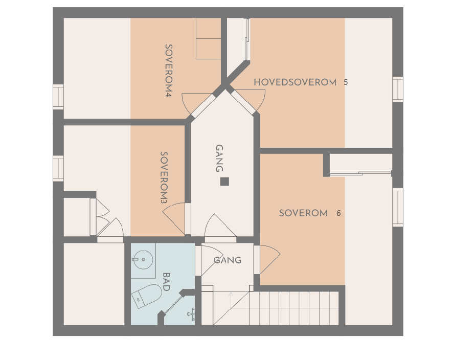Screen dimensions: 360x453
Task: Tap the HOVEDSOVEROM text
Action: tap(295, 82)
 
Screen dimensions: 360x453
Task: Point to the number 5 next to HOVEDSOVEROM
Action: tap(346, 82)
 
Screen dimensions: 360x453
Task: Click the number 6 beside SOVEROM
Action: tap(338, 213)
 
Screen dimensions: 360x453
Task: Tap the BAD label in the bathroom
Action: tap(166, 282)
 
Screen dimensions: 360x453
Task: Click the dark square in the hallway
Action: tap(224, 181)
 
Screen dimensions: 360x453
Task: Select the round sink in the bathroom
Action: tap(143, 260)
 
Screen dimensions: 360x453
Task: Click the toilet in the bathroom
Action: tap(146, 296)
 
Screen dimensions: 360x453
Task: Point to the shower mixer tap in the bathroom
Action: tap(191, 313)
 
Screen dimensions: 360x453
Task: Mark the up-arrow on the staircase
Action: tap(231, 295)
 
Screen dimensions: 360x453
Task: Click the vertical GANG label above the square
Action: tap(219, 158)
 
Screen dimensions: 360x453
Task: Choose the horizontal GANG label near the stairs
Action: tap(227, 260)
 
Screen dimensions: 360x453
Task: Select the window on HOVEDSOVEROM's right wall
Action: tap(397, 89)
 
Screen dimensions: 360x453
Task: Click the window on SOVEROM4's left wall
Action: tap(58, 97)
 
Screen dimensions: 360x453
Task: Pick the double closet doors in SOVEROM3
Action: tap(100, 217)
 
